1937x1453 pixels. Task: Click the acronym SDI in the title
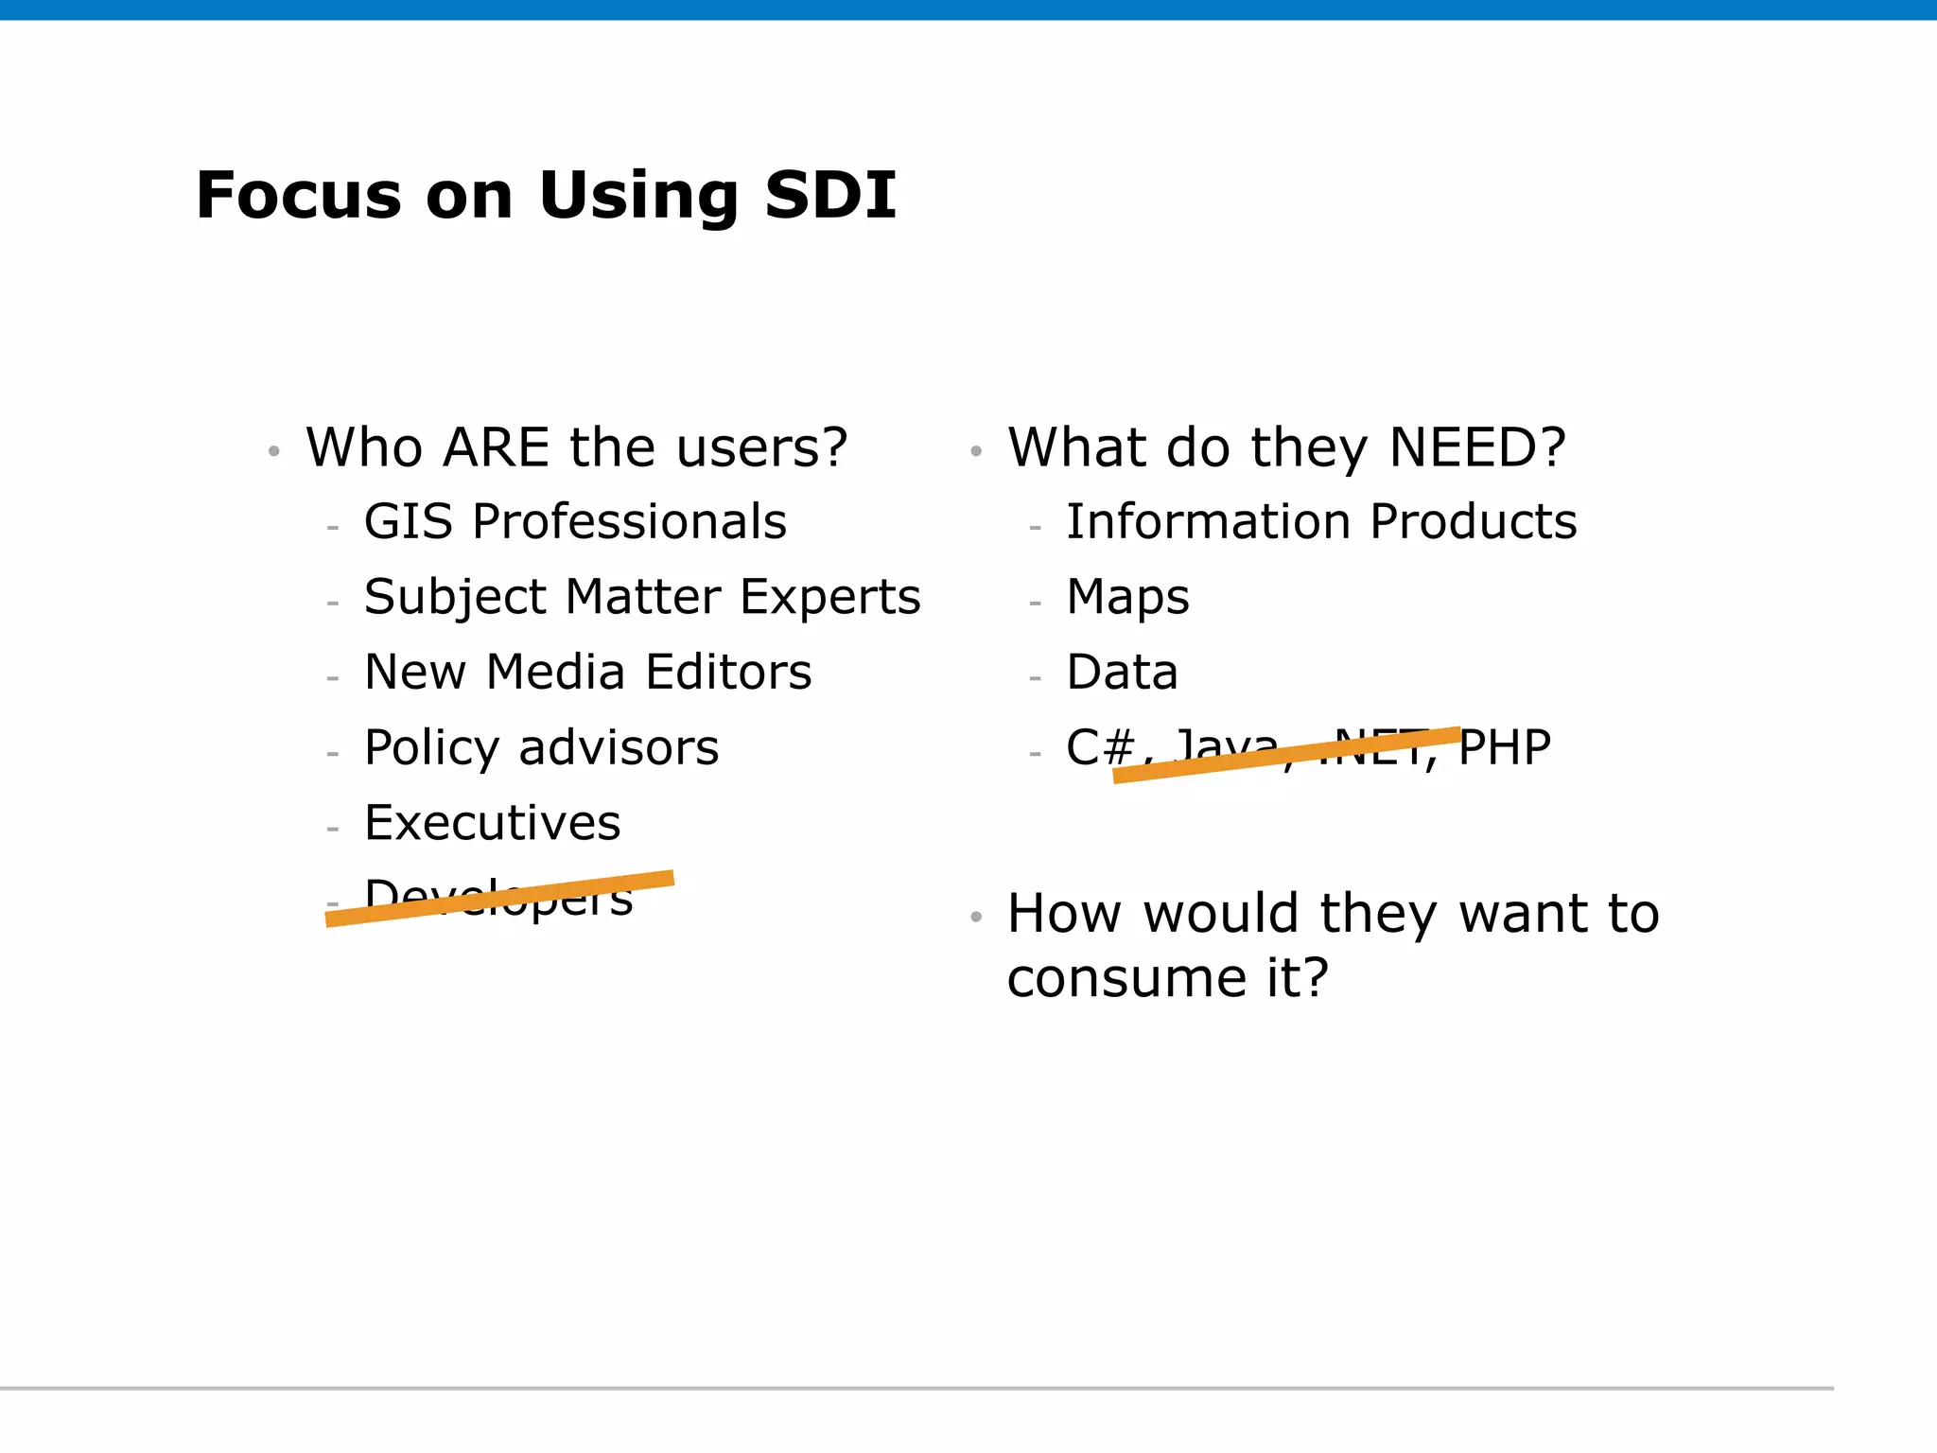click(x=829, y=196)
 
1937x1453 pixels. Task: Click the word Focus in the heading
click(x=299, y=196)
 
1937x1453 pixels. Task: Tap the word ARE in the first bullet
click(x=496, y=447)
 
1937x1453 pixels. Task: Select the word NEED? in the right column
click(x=1477, y=447)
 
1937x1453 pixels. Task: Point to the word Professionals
click(x=629, y=521)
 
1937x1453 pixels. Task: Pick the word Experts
click(x=829, y=598)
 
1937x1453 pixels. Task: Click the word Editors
click(x=728, y=673)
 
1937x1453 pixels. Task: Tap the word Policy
click(x=431, y=749)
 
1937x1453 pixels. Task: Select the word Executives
click(x=493, y=823)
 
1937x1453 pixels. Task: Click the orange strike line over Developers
click(x=499, y=898)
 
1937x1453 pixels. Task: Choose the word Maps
click(x=1127, y=598)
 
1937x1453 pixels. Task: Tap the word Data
click(x=1122, y=673)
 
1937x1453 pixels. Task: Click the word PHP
click(x=1505, y=747)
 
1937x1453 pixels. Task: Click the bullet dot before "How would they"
click(x=976, y=917)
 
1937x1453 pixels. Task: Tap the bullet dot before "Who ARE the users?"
click(x=274, y=451)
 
